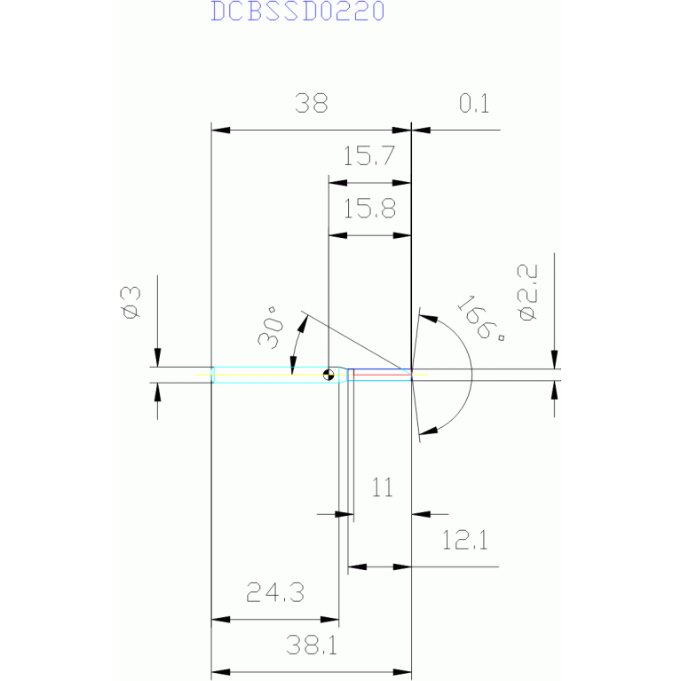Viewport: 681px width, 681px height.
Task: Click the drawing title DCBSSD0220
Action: (x=297, y=12)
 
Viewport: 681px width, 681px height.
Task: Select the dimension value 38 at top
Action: (x=312, y=104)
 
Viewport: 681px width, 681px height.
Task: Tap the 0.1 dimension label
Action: (x=474, y=104)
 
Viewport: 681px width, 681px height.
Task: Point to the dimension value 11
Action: (x=383, y=487)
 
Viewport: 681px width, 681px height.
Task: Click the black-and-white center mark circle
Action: (x=329, y=375)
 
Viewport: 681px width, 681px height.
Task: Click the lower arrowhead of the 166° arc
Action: (x=426, y=432)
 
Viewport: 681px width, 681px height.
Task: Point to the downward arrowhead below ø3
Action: (x=157, y=360)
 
